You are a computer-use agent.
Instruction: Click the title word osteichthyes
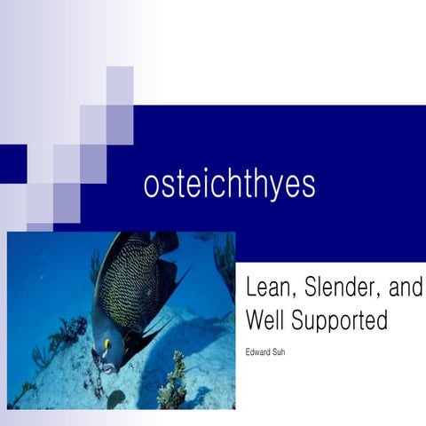pos(229,185)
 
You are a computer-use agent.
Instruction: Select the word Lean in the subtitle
pos(267,288)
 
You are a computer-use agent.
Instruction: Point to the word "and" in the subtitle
pos(404,288)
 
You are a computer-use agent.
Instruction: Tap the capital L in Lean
pos(250,288)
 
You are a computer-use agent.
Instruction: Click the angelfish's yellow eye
pos(107,343)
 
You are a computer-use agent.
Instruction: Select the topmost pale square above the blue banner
pos(120,85)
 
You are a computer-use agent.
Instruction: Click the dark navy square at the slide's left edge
pos(12,163)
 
